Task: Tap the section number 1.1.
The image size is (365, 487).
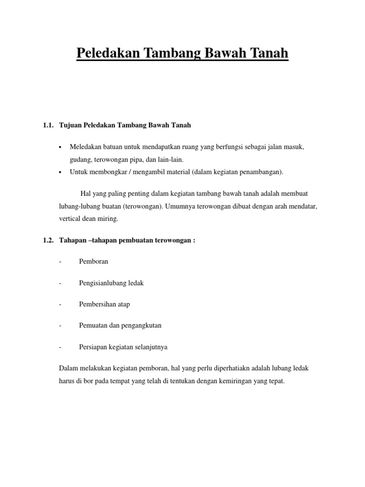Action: tap(47, 126)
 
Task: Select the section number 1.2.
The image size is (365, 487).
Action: tap(47, 241)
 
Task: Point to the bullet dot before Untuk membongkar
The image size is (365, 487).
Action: tap(60, 173)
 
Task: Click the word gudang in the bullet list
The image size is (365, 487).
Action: tap(80, 160)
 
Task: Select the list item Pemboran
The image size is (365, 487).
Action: tap(94, 262)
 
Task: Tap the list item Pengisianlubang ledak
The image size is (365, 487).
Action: tap(111, 283)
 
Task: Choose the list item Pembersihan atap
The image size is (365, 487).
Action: tap(104, 304)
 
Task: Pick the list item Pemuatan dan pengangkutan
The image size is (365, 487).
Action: tap(120, 326)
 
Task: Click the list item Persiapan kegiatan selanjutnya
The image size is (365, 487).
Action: tap(123, 347)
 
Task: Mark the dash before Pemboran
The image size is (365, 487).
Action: tap(60, 262)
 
